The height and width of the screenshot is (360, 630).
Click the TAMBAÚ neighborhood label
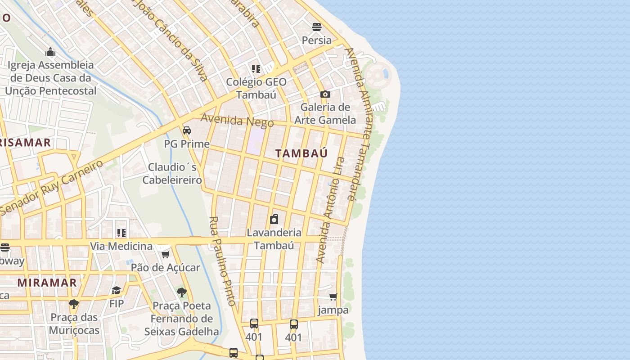(x=301, y=153)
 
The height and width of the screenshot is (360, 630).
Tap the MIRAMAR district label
(x=47, y=283)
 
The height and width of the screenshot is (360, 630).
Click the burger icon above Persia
(x=317, y=27)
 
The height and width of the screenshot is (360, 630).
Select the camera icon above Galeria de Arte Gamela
(x=325, y=94)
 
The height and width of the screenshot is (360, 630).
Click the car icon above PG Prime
(x=187, y=130)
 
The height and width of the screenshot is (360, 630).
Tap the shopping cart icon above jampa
(x=333, y=297)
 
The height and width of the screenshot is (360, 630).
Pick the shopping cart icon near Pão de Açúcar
(x=165, y=255)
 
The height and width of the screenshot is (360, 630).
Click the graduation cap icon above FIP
(x=117, y=290)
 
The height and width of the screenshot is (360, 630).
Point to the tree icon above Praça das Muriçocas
(x=74, y=304)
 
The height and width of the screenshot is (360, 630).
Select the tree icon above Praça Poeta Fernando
(x=182, y=292)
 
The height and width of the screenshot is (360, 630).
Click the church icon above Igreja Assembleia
(x=50, y=52)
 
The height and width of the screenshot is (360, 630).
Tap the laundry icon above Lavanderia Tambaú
(x=274, y=219)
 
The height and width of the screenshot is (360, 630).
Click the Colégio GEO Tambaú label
(x=256, y=88)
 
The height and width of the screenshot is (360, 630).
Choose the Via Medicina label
(x=121, y=246)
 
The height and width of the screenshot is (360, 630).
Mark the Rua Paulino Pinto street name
(x=222, y=261)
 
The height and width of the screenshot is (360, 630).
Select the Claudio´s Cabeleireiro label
(x=172, y=174)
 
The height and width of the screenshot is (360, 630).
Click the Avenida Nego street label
(x=237, y=120)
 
